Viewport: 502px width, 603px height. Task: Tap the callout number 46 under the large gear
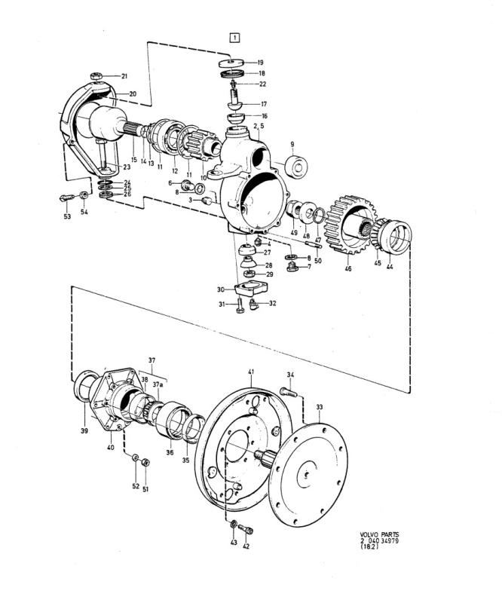[x=348, y=268]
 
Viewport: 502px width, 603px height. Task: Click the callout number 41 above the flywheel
[x=251, y=372]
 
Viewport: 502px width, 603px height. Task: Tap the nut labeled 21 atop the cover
[x=96, y=76]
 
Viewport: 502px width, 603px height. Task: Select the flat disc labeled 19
[x=231, y=63]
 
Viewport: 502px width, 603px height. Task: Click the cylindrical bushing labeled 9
[x=296, y=165]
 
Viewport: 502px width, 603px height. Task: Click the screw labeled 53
[x=66, y=197]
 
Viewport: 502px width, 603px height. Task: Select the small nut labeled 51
[x=145, y=462]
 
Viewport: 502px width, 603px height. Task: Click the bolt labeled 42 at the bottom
[x=245, y=529]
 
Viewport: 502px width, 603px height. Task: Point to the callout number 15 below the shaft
[x=134, y=159]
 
